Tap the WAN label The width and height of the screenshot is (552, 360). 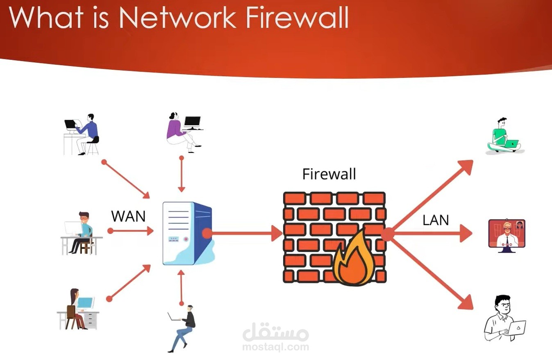[128, 216]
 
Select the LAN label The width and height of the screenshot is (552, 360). [436, 220]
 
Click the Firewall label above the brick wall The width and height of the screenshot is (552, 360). [329, 174]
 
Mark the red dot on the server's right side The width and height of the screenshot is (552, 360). [207, 234]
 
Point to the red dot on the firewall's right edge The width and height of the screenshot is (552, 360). [387, 234]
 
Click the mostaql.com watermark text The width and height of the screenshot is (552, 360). [275, 347]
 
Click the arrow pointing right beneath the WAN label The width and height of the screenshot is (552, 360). [130, 231]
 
